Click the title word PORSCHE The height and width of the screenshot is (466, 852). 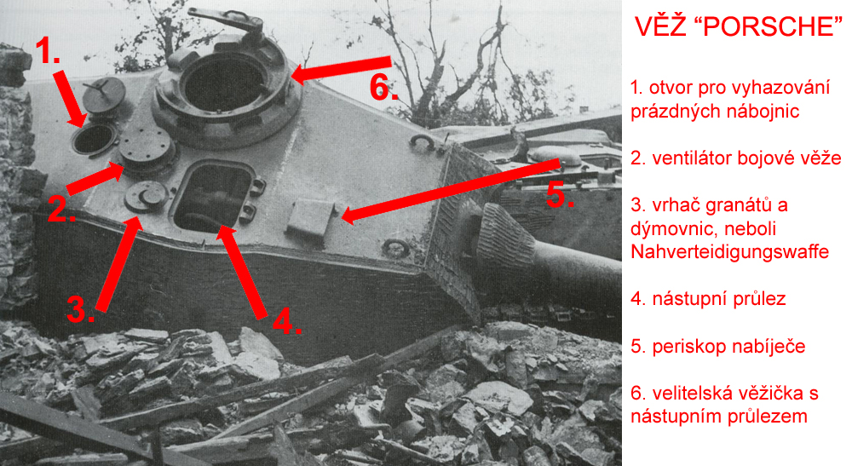pos(769,26)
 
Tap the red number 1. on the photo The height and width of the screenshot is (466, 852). pos(48,52)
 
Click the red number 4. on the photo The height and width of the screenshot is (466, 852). pos(286,322)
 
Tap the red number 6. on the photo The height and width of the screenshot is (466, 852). pos(383,87)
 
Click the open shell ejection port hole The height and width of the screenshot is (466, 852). pos(94,139)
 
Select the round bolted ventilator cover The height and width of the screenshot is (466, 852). pos(147,147)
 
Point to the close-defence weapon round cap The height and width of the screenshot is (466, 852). pos(146,196)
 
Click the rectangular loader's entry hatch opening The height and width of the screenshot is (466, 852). pos(214,196)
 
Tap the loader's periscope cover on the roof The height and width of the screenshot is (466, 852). pos(310,217)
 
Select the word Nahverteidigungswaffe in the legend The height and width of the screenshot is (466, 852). pos(729,252)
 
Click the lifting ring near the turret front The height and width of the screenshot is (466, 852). pos(395,248)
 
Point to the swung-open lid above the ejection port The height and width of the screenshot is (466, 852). pos(104,95)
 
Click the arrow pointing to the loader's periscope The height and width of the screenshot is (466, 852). pos(451,189)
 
